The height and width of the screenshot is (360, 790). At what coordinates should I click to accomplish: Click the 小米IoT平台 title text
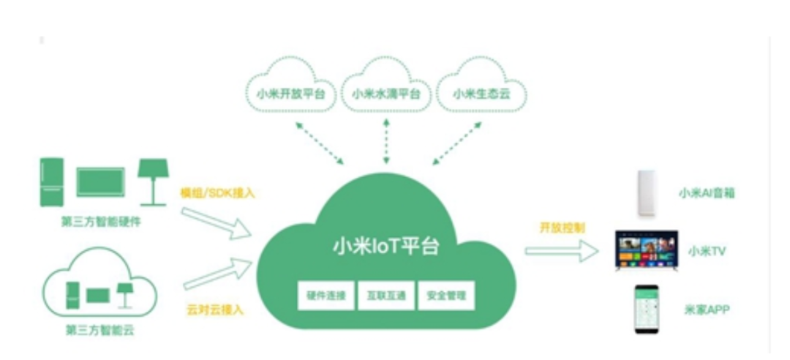coord(386,246)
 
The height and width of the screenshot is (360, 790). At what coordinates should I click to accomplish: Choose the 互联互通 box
coord(386,297)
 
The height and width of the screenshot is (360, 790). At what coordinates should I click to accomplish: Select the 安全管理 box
coord(446,297)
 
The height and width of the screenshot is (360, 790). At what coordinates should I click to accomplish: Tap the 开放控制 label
coord(563,227)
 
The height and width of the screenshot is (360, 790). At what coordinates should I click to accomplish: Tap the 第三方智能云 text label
coord(99,330)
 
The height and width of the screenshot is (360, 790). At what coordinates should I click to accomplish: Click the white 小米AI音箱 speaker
coord(647,193)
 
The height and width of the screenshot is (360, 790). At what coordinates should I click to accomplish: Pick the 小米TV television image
coord(646,251)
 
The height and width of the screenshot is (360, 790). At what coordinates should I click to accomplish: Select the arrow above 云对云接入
coord(218,274)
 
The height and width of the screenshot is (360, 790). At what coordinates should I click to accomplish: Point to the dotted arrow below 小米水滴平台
coord(386,143)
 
